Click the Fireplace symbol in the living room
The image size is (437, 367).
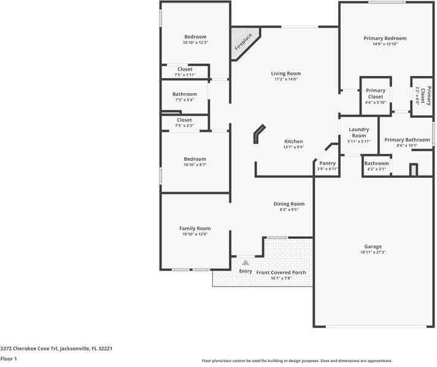[244, 42]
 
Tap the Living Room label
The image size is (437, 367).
[285, 74]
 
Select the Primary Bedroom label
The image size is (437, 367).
[385, 38]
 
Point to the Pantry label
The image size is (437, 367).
[327, 163]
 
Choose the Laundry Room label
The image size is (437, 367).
[358, 132]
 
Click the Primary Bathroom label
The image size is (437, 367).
[407, 140]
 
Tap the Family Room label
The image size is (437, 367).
[195, 228]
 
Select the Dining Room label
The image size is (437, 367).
[288, 204]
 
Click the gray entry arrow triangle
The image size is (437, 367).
[246, 262]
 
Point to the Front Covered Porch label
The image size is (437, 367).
[281, 272]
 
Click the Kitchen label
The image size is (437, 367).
[293, 141]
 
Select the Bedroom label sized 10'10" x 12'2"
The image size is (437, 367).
[195, 37]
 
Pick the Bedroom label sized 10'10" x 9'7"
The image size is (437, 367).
[195, 159]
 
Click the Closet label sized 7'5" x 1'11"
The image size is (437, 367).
[185, 69]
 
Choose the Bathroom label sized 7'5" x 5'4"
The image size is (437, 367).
[185, 94]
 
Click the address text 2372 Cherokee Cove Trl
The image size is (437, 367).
[56, 348]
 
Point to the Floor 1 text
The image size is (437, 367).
[9, 358]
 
